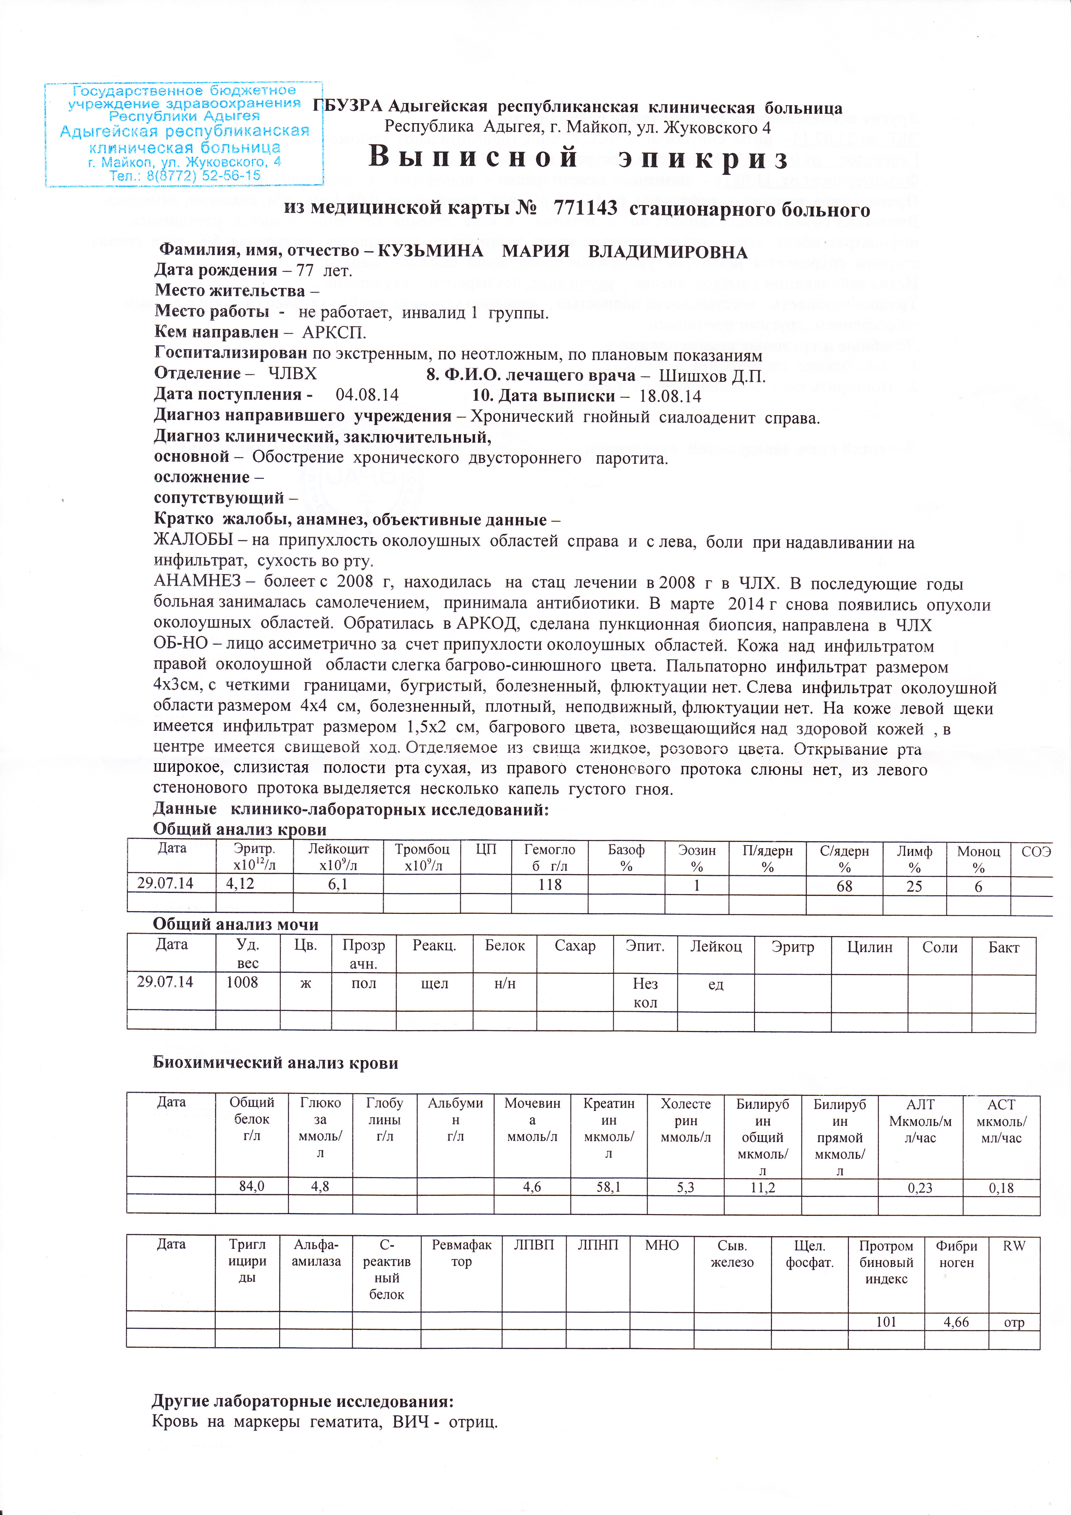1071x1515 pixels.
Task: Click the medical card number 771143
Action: pyautogui.click(x=585, y=209)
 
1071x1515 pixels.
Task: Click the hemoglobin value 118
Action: pyautogui.click(x=550, y=885)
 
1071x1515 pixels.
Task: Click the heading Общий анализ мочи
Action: pyautogui.click(x=235, y=924)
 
